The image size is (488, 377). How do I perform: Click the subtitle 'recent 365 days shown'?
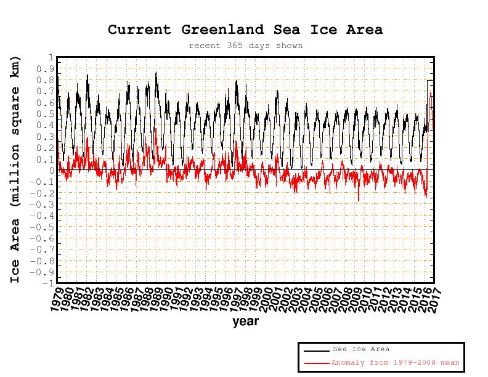click(245, 46)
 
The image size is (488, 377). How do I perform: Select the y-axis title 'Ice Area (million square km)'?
click(16, 169)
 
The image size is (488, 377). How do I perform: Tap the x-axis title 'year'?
click(245, 321)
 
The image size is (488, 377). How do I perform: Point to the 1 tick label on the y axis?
click(50, 57)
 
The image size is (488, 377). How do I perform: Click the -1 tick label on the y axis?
click(47, 283)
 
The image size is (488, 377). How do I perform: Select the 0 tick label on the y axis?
click(50, 171)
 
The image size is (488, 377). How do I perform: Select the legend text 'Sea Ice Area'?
click(360, 349)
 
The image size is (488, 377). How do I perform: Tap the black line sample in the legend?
click(316, 351)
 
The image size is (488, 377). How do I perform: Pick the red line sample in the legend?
click(316, 363)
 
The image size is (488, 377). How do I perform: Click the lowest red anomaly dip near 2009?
click(359, 200)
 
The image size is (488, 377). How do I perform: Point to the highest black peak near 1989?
click(156, 73)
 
